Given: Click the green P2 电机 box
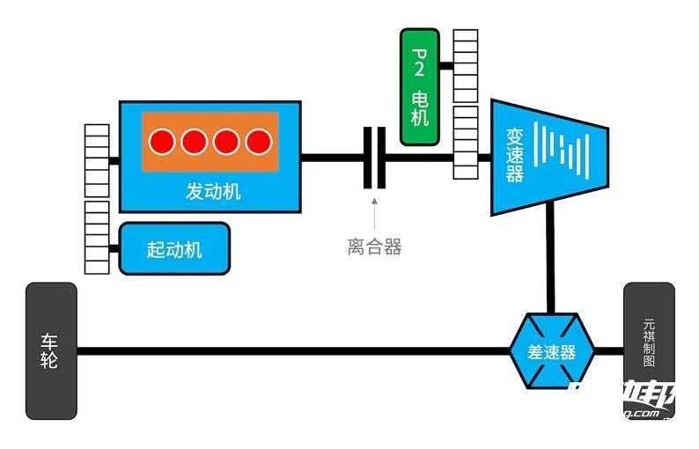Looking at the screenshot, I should (x=420, y=86).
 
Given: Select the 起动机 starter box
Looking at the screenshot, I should (x=174, y=248).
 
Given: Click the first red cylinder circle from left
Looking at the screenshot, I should (x=161, y=141).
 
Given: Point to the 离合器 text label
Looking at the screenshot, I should (x=374, y=247).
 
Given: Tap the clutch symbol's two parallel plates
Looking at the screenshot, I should (x=375, y=158).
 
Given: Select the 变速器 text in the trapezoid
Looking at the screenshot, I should (x=515, y=156).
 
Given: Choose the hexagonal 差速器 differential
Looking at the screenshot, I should (x=552, y=351).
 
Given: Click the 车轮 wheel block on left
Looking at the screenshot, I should (x=51, y=350).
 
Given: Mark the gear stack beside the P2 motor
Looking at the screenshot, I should (x=465, y=66).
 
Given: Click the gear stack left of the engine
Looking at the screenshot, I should (x=96, y=159).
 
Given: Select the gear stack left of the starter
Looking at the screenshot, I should (x=96, y=237).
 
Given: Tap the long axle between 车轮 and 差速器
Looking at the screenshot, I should (x=291, y=351).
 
